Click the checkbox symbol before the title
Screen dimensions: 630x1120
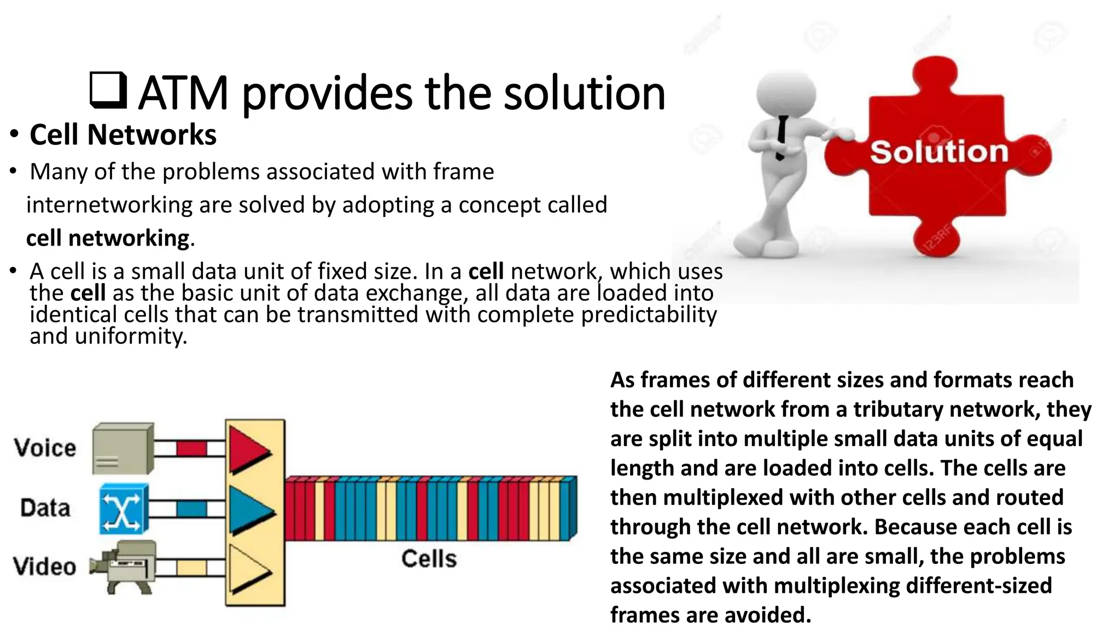tap(108, 90)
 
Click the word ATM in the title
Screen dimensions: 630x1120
tap(183, 94)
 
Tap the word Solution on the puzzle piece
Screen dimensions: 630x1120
tap(938, 152)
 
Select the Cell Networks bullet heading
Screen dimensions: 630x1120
tap(123, 135)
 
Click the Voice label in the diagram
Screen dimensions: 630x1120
tap(45, 447)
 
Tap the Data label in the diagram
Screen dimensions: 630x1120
tap(45, 507)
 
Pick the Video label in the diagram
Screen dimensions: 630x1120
tap(45, 566)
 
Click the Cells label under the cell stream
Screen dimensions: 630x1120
tap(429, 558)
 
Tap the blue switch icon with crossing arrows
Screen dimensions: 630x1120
tap(124, 509)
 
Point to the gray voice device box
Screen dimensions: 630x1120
tap(122, 448)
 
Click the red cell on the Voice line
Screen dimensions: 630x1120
tap(191, 449)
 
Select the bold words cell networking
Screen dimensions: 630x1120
tap(108, 238)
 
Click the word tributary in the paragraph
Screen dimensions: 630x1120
tap(889, 409)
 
